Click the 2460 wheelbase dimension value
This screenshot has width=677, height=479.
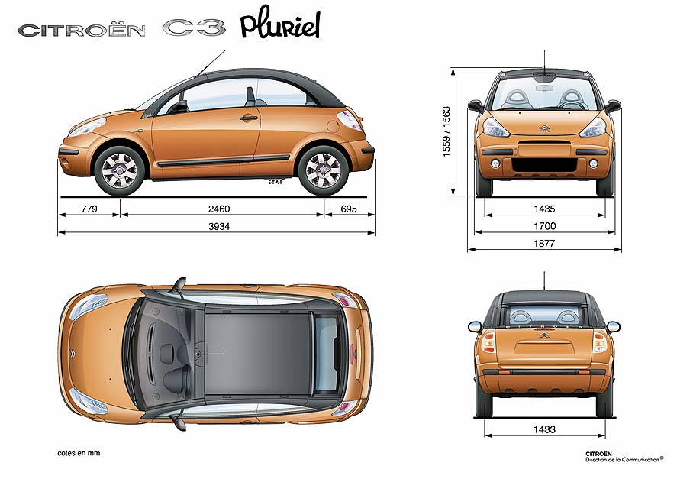pyautogui.click(x=219, y=209)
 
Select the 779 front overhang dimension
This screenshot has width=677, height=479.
pyautogui.click(x=89, y=209)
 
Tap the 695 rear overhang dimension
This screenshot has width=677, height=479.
pyautogui.click(x=349, y=209)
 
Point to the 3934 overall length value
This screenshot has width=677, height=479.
pyautogui.click(x=219, y=226)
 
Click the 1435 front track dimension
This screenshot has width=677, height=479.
pyautogui.click(x=544, y=209)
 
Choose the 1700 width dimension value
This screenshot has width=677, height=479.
pyautogui.click(x=544, y=226)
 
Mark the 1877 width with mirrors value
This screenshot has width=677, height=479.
pyautogui.click(x=544, y=244)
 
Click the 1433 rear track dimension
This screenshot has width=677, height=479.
pyautogui.click(x=544, y=429)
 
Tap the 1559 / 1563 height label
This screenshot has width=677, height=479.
pyautogui.click(x=446, y=132)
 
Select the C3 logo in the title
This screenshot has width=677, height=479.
pyautogui.click(x=194, y=28)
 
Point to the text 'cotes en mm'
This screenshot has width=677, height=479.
pyautogui.click(x=79, y=453)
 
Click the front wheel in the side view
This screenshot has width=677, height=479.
pyautogui.click(x=120, y=170)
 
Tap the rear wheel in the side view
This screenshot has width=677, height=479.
pyautogui.click(x=323, y=170)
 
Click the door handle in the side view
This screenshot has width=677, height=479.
pyautogui.click(x=248, y=118)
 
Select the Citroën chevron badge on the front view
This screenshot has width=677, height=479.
pyautogui.click(x=544, y=128)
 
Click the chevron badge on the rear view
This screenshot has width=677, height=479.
pyautogui.click(x=543, y=335)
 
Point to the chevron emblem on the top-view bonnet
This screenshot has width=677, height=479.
pyautogui.click(x=73, y=354)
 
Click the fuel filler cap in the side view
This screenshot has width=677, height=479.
pyautogui.click(x=334, y=126)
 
